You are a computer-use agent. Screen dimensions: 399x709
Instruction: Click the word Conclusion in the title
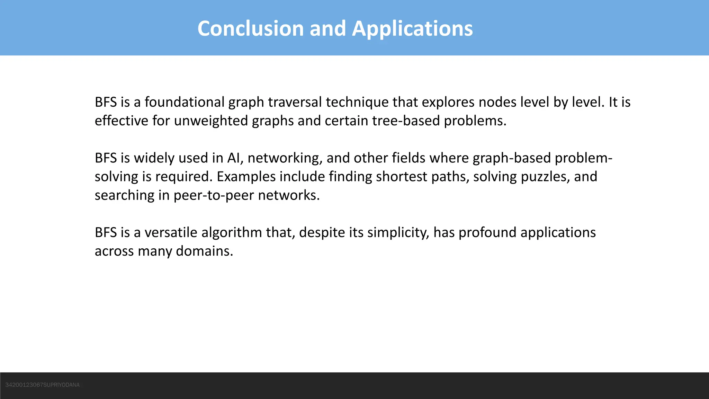coord(250,28)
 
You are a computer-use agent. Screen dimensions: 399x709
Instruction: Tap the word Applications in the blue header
coord(412,28)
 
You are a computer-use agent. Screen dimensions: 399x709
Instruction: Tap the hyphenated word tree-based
coord(406,121)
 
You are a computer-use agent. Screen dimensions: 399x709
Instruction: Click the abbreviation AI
coord(233,158)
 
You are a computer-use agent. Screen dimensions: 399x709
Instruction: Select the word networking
coord(285,158)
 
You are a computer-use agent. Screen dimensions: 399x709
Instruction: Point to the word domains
coord(204,251)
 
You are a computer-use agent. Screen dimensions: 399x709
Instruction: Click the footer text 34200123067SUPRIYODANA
coord(43,385)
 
